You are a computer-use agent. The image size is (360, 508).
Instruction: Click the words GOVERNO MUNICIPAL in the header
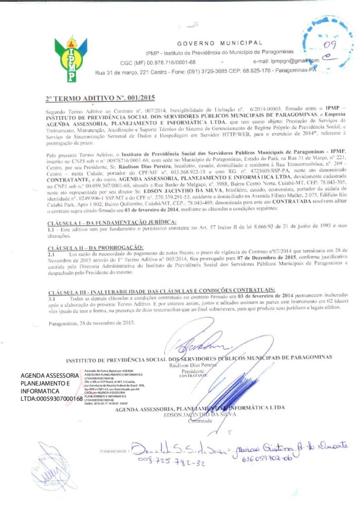219,43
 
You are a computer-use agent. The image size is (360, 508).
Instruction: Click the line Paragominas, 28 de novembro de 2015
92,323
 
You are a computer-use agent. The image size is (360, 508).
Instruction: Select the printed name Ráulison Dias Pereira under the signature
191,364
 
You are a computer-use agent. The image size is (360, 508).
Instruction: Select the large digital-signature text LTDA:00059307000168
52,398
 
